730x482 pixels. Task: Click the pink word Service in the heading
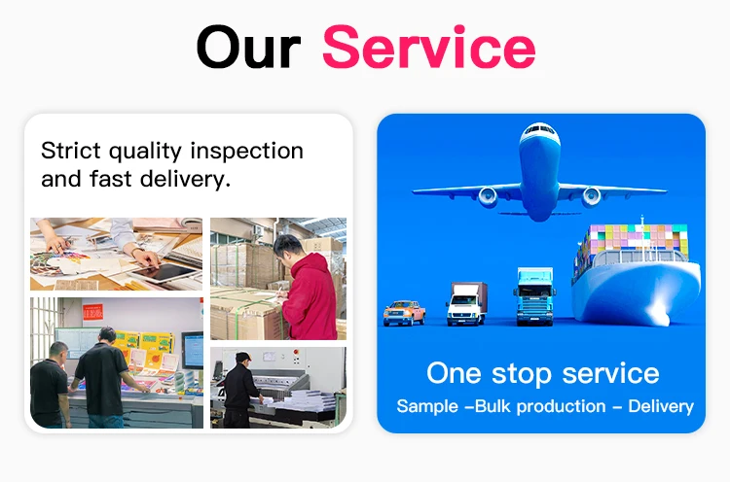coord(428,47)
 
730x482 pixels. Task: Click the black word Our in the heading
coord(248,47)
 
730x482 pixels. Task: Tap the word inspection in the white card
coord(247,152)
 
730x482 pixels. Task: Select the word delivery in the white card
coord(185,179)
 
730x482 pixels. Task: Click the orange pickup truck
coord(404,312)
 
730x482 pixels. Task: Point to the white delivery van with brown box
coord(467,303)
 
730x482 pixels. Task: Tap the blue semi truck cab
coord(535,296)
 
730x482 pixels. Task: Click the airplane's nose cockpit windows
coord(539,129)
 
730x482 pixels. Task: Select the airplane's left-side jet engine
coord(488,196)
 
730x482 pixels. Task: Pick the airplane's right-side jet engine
coord(591,196)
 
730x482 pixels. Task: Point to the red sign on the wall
coord(92,312)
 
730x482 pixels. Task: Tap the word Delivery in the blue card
coord(661,406)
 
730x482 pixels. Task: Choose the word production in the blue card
coord(562,407)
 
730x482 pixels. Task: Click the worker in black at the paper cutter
coord(240,390)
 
